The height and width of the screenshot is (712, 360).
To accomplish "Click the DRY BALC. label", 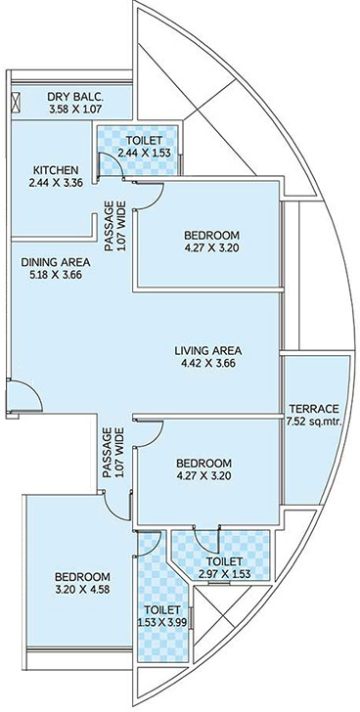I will pos(76,95).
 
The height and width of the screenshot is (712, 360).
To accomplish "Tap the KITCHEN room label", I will pos(54,168).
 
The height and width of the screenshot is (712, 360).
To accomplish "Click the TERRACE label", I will pos(313,408).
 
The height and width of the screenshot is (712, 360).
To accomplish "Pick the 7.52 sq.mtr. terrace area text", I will pos(313,422).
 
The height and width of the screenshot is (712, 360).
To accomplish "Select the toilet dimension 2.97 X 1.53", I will pos(220,575).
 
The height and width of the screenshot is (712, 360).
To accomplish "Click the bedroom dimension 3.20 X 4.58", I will pos(82,590).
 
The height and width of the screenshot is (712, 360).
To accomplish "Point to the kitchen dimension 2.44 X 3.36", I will pos(54,182).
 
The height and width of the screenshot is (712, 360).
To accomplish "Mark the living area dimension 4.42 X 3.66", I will pos(208,364).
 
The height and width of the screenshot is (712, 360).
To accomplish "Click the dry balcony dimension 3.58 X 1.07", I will pos(76,109).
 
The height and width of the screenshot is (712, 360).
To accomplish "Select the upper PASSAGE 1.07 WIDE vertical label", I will pos(114,216).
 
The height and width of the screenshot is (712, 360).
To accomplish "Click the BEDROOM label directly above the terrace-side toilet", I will pos(203,463).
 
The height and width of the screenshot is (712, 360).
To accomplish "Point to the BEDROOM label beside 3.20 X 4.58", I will pos(82,576).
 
